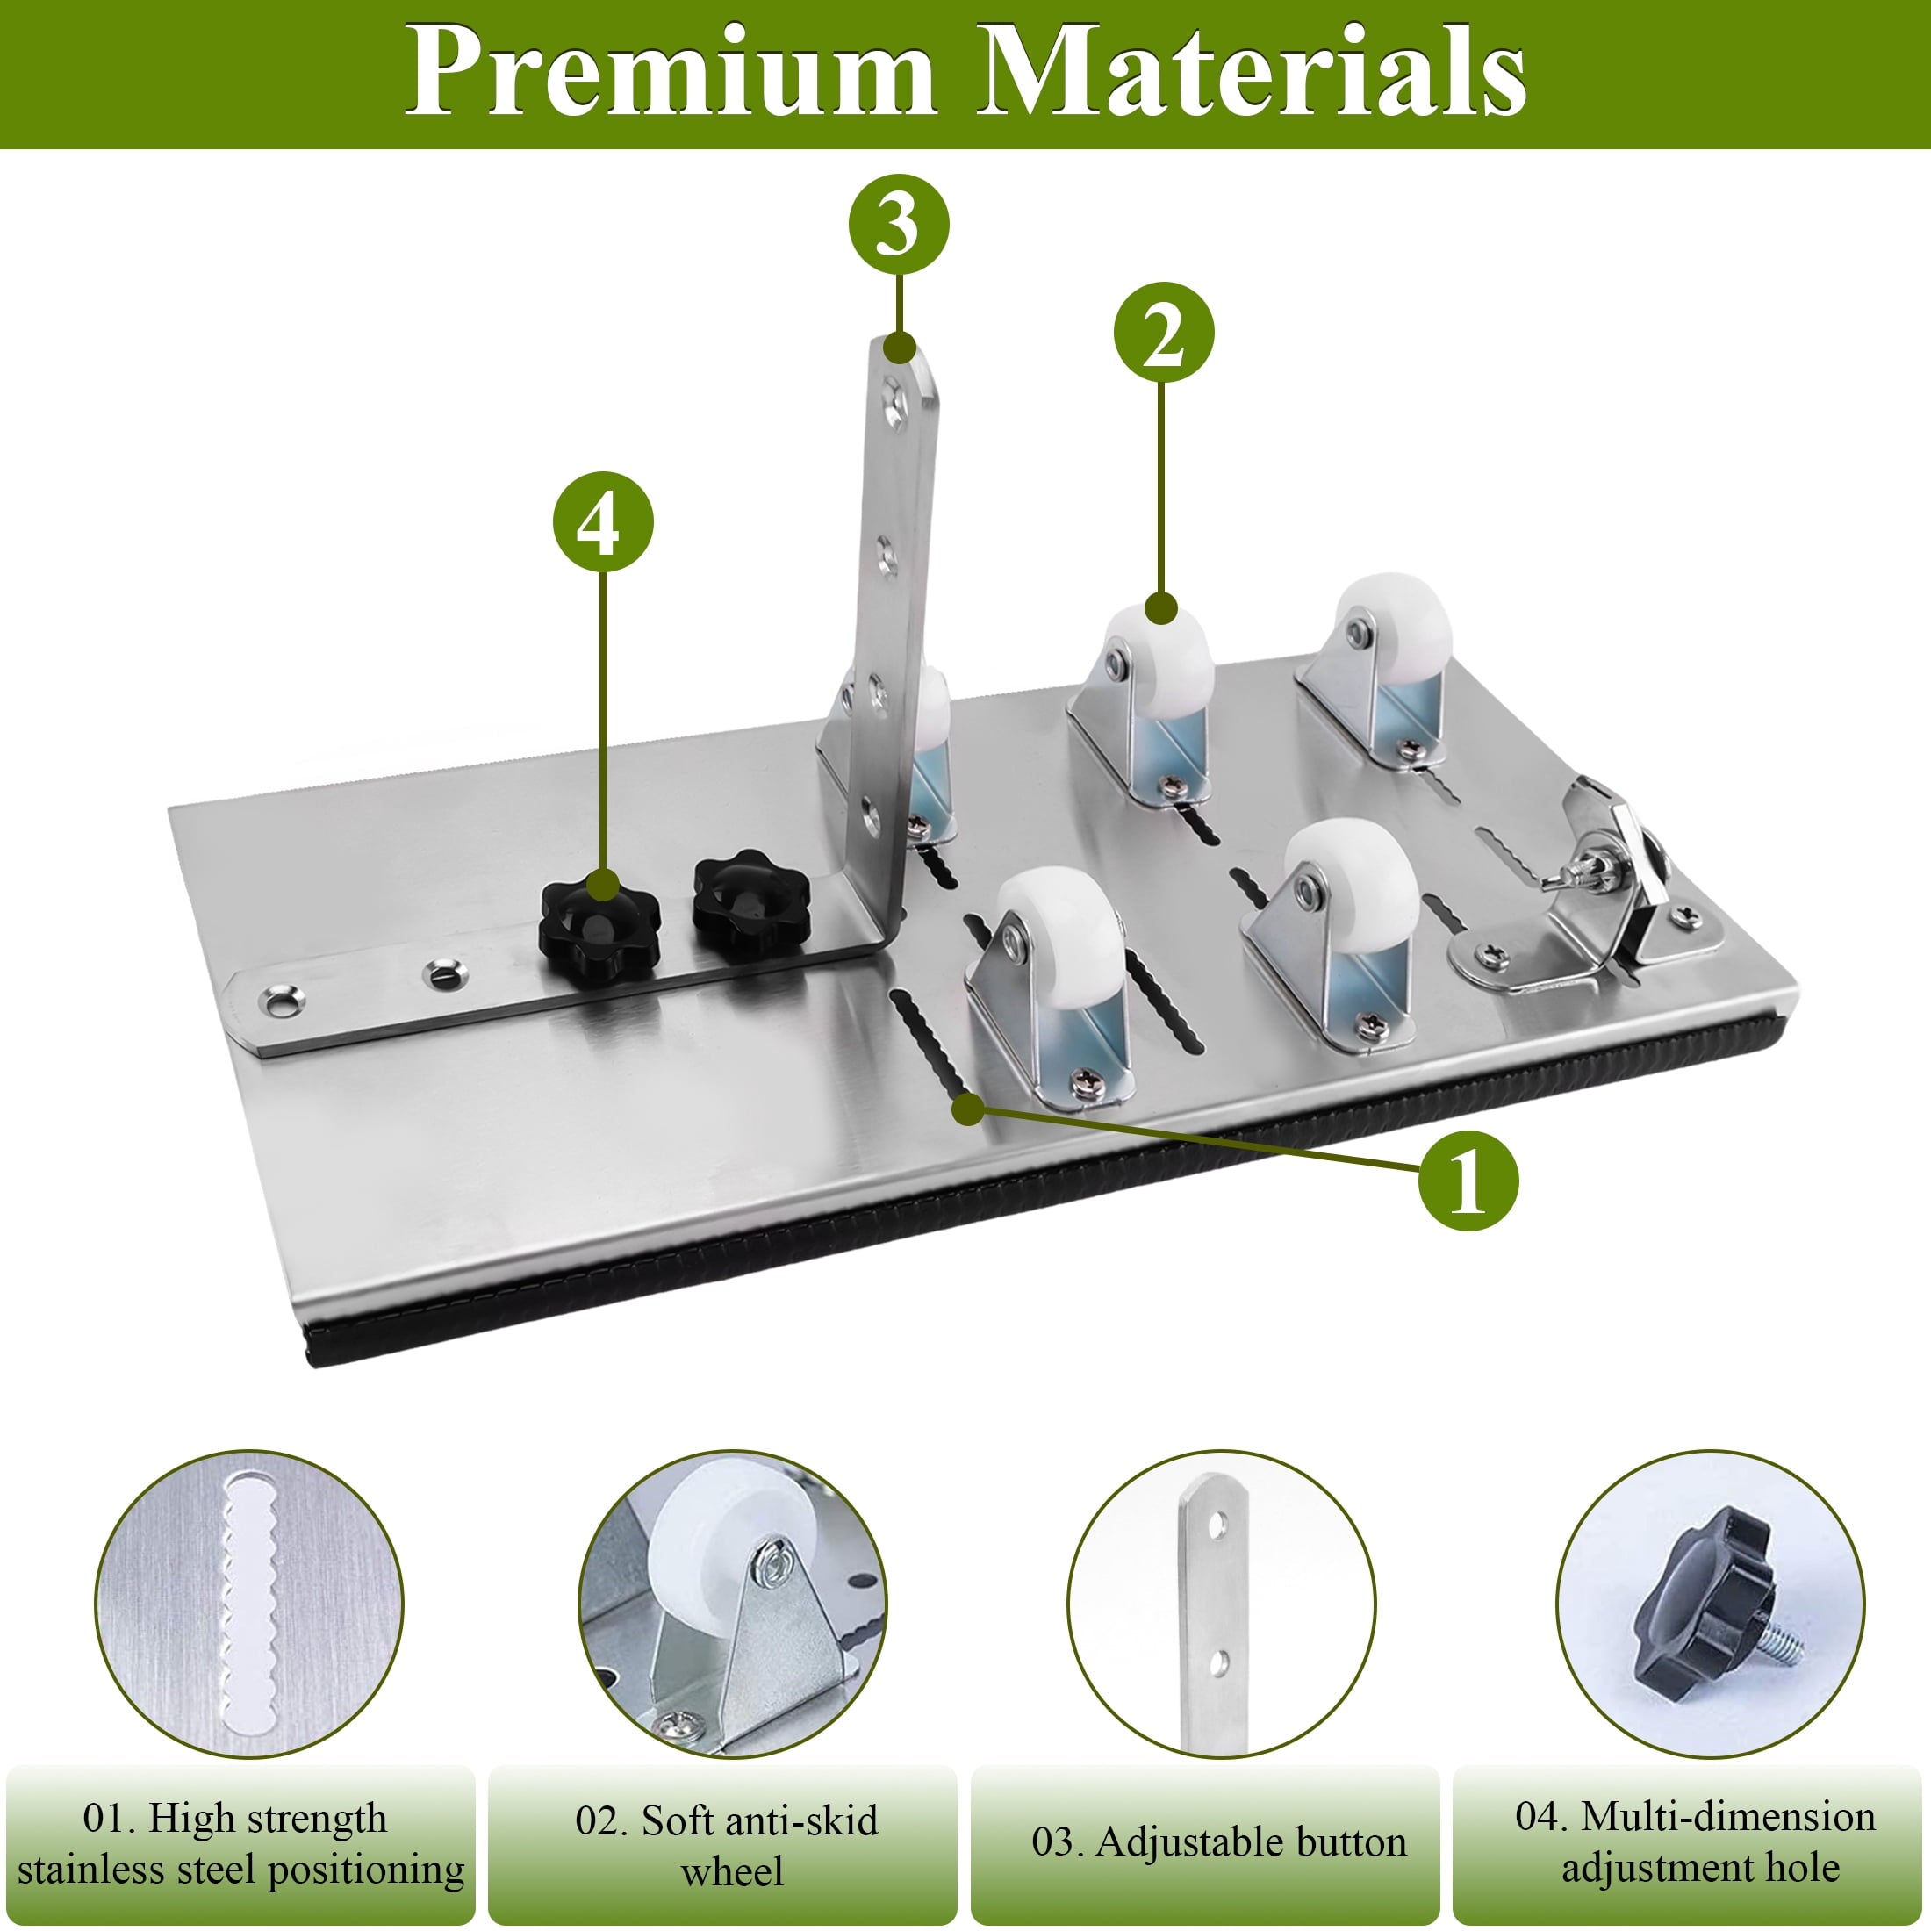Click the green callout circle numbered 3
(899, 225)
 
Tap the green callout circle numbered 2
(1163, 333)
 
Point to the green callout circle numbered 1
(1468, 1181)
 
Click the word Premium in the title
(669, 72)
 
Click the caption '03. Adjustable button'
(1219, 1842)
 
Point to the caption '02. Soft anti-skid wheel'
(728, 1845)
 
